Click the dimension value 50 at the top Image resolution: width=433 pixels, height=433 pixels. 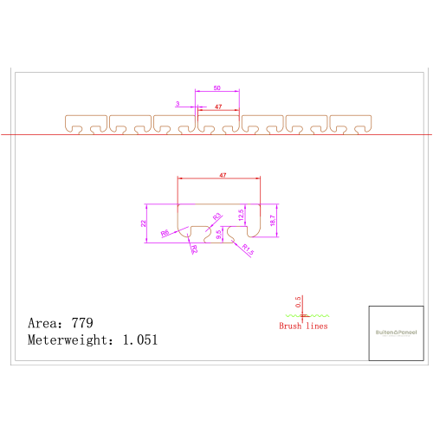point(216,87)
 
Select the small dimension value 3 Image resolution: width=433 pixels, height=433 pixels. point(177,103)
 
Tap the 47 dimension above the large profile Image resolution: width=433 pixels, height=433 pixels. point(223,175)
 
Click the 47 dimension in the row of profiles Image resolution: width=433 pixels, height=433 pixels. point(218,107)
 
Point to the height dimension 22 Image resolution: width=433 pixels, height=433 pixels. point(144,223)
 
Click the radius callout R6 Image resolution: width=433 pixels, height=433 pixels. point(165,232)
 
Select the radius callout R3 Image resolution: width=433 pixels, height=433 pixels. point(217,216)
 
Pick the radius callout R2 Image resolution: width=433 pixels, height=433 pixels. point(194,249)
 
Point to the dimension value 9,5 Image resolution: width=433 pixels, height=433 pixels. point(219,233)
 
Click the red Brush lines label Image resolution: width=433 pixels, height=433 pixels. point(303,326)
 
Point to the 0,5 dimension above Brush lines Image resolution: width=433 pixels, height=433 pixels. point(298,302)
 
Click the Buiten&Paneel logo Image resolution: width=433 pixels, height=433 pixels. point(395,333)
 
